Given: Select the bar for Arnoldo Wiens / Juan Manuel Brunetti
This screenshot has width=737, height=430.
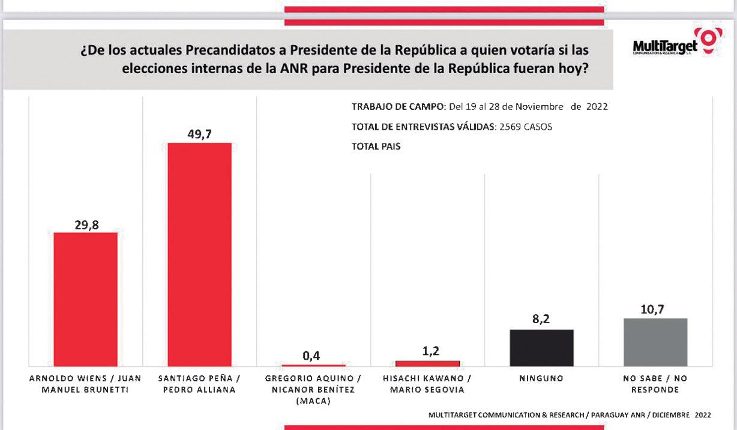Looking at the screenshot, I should click(85, 299).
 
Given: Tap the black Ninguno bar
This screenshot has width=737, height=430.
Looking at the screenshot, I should click(541, 348).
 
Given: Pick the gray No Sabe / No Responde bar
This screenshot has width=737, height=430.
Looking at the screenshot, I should click(655, 342).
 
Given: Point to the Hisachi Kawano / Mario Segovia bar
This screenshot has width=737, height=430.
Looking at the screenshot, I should click(427, 363).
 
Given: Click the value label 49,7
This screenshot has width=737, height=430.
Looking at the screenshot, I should click(200, 133).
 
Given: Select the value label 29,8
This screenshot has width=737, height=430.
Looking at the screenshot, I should click(86, 225).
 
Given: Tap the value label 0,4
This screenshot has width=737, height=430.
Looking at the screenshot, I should click(311, 356).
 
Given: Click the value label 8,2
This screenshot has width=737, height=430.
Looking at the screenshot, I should click(541, 320).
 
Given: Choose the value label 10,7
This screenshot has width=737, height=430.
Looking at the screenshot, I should click(655, 309).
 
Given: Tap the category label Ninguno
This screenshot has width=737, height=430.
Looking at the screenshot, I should click(541, 379).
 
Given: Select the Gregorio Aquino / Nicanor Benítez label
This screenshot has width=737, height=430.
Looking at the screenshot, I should click(313, 389).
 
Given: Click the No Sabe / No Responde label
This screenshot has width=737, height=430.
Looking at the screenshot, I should click(655, 384).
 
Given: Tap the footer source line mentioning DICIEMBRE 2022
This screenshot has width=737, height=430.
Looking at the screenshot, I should click(570, 414).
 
